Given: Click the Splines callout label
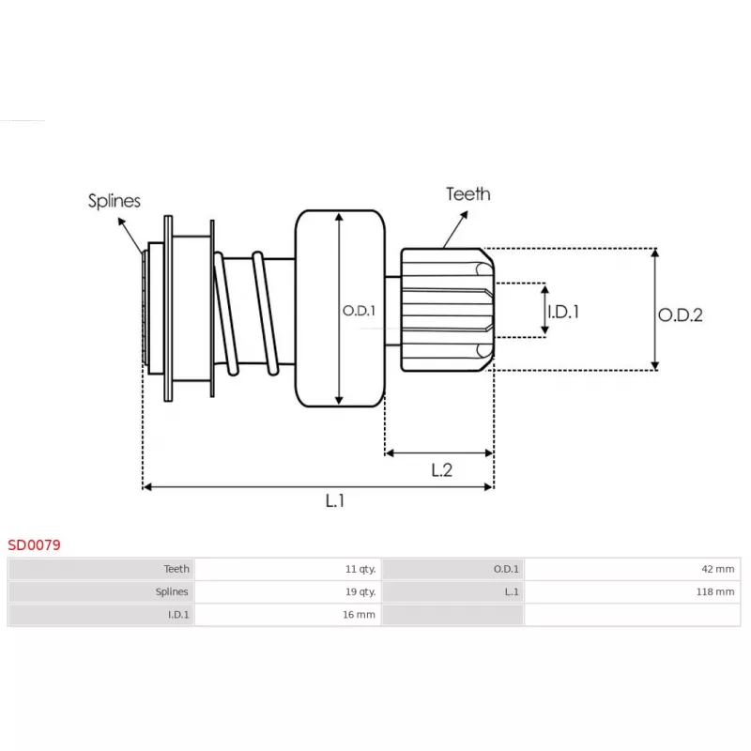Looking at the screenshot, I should (115, 200).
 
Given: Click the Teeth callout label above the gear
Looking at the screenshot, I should (467, 194).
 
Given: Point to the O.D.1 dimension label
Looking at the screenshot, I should (359, 311).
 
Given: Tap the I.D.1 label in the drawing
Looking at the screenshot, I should (563, 311).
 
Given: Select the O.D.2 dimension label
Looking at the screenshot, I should (680, 315).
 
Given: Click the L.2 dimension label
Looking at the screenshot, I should (441, 470).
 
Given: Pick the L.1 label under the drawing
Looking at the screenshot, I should (335, 500).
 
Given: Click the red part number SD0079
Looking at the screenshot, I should (35, 544).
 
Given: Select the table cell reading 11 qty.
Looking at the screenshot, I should (360, 569).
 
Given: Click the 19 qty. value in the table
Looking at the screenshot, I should (360, 592).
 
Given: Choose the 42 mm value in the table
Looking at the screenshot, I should (719, 569).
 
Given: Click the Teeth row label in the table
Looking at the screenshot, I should (176, 569).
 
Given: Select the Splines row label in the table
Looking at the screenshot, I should (172, 592).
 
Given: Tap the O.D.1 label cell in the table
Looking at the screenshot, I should (506, 569).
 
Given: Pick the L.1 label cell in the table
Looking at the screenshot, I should (512, 592).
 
